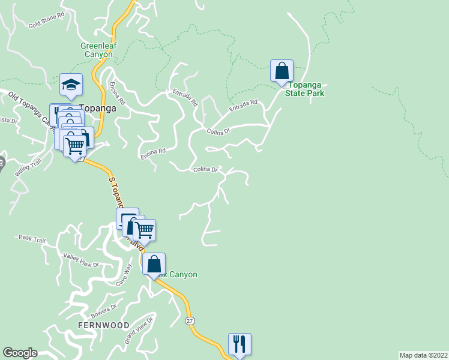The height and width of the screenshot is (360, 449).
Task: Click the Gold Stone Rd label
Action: click(46, 21)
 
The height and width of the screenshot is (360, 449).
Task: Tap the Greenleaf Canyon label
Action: click(97, 50)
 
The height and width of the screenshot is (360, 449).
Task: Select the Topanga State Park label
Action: click(304, 89)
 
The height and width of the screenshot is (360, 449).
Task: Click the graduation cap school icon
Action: click(71, 85)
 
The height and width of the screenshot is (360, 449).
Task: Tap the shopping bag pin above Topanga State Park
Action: click(282, 71)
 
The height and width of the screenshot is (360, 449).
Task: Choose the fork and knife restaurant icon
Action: click(240, 344)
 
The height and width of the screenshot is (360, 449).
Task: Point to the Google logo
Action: click(20, 353)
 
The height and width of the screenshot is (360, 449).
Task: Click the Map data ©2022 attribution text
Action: click(423, 355)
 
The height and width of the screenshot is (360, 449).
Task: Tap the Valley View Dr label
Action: click(80, 260)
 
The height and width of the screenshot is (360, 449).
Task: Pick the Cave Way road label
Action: click(122, 275)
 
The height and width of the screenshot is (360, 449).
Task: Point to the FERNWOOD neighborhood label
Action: click(103, 325)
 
